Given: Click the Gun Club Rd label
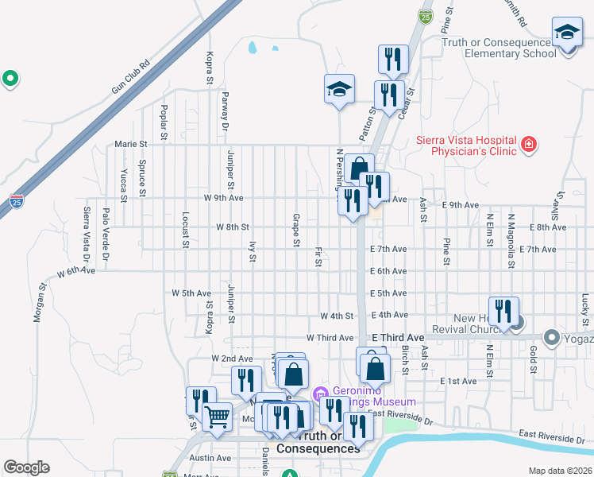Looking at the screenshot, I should pyautogui.click(x=130, y=77).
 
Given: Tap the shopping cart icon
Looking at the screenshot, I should pyautogui.click(x=217, y=415).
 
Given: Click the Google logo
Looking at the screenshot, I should pyautogui.click(x=26, y=467).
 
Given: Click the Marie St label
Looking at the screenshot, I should pyautogui.click(x=131, y=145).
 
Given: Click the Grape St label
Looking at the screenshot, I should pyautogui.click(x=295, y=230).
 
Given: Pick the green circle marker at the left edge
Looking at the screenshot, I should pyautogui.click(x=10, y=79).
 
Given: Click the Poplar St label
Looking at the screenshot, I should pyautogui.click(x=164, y=122).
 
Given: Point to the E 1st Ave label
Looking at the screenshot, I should pyautogui.click(x=459, y=382).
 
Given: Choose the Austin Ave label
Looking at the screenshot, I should pyautogui.click(x=210, y=458).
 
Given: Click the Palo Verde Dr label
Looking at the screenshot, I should pyautogui.click(x=105, y=234).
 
